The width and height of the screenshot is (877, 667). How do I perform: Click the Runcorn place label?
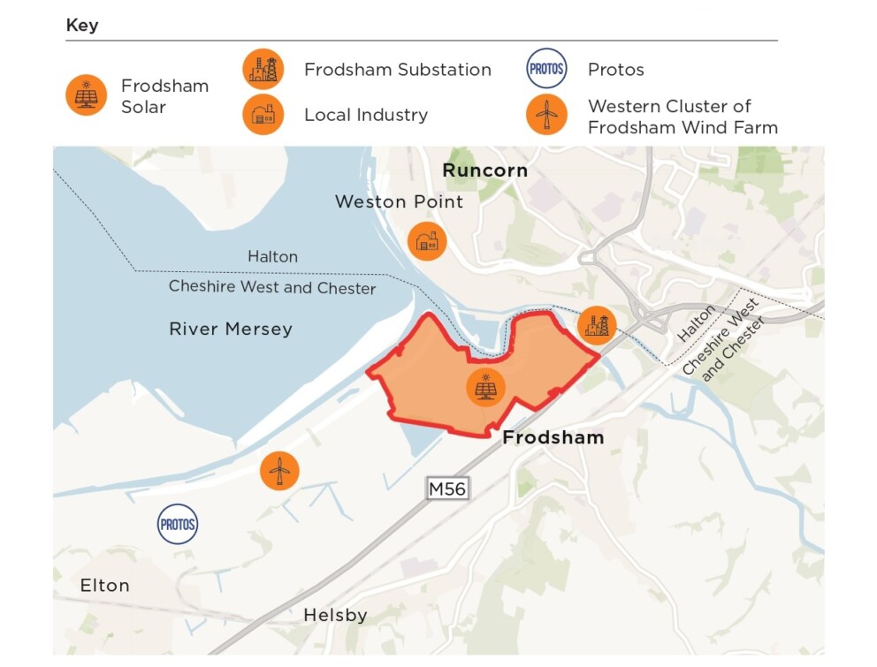click(x=484, y=171)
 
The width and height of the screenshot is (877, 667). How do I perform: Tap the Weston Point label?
click(x=399, y=202)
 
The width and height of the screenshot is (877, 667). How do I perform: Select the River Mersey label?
click(x=231, y=330)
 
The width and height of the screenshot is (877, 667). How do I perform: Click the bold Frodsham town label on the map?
click(x=553, y=437)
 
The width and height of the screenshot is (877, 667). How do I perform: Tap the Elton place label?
click(x=104, y=585)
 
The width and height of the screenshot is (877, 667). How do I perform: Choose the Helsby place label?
click(x=335, y=615)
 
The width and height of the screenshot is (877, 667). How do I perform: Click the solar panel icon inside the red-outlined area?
click(x=484, y=387)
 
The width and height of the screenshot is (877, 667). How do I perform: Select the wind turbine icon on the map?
click(x=279, y=470)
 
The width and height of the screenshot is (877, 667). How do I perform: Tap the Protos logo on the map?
click(x=178, y=525)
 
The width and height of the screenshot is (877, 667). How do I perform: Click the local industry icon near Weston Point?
click(x=427, y=241)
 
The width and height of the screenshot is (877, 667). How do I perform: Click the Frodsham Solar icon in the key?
click(x=87, y=95)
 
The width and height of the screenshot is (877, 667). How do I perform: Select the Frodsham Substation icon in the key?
click(x=263, y=70)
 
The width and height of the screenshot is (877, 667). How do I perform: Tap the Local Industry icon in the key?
click(x=263, y=115)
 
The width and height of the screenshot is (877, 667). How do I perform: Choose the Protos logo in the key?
click(x=546, y=69)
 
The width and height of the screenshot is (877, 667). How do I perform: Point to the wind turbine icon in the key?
click(x=546, y=115)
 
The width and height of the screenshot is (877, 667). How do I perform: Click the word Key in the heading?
click(x=82, y=26)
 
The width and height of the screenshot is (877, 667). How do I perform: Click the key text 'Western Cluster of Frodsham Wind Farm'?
click(x=683, y=117)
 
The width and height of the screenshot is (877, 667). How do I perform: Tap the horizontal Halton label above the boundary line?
click(x=272, y=257)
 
